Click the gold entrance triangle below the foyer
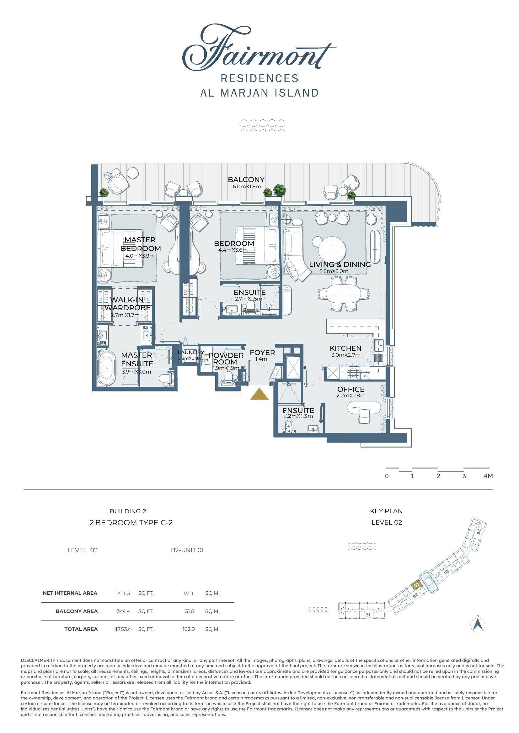[x=259, y=394]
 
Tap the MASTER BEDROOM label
[x=141, y=244]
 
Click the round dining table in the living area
[x=333, y=250]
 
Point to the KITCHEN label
[x=345, y=348]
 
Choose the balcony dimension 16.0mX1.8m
[x=246, y=187]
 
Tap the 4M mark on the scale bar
[x=488, y=476]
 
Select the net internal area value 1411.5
[x=123, y=594]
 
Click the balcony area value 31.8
[x=190, y=611]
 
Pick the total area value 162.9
[x=189, y=629]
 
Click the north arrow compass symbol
[x=478, y=625]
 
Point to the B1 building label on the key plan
[x=368, y=615]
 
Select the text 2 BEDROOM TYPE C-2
[x=131, y=523]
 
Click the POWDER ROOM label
[x=226, y=359]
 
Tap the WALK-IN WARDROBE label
[x=127, y=304]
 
